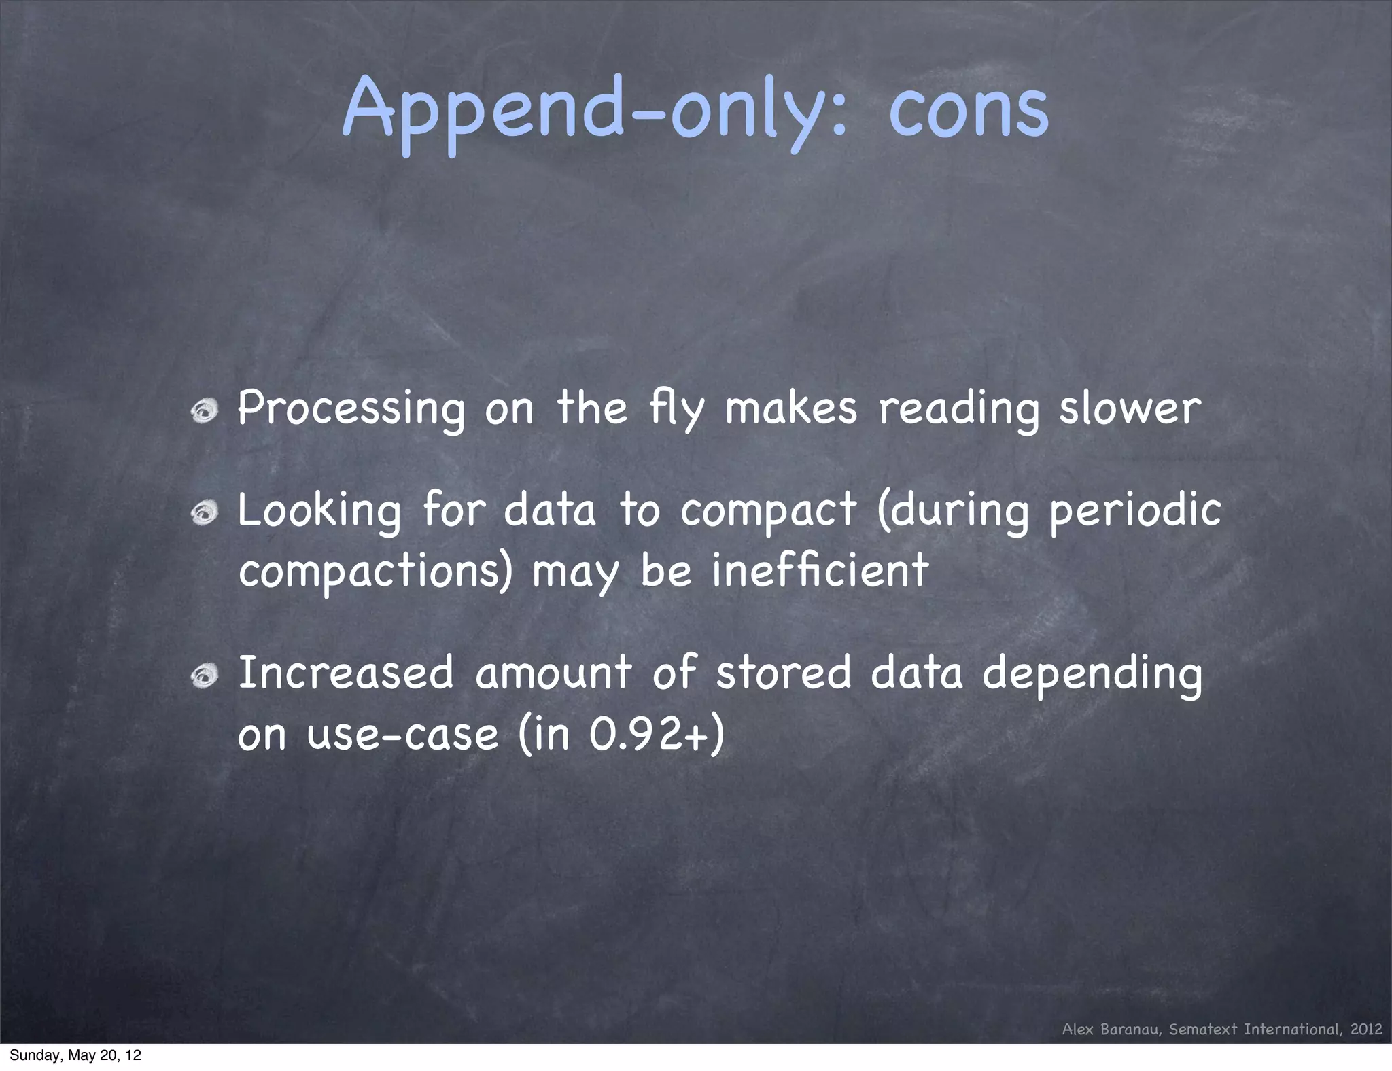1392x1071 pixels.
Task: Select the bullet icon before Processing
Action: pos(204,410)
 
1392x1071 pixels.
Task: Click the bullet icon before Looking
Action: pos(204,512)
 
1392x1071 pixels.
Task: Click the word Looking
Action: pos(319,511)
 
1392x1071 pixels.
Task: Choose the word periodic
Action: pos(1135,511)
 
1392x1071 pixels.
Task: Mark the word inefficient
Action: pos(820,571)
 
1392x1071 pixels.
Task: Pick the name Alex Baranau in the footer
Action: pos(1113,1029)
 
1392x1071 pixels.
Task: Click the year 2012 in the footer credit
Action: pos(1366,1029)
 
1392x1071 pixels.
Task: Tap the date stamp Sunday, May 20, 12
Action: pos(75,1055)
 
